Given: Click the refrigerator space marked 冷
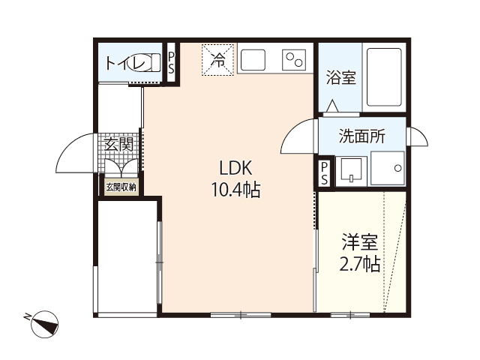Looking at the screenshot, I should click(x=218, y=59).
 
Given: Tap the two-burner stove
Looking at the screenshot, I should click(x=293, y=59).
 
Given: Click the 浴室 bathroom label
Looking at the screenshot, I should click(x=340, y=78).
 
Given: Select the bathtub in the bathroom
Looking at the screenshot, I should click(x=385, y=76).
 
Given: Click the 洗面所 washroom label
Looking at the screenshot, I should click(x=362, y=136).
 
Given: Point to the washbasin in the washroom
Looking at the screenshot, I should click(x=350, y=171).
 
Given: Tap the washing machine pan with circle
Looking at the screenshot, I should click(x=388, y=169).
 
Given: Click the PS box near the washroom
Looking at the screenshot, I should click(x=324, y=173).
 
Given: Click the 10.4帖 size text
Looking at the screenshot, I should click(x=234, y=190).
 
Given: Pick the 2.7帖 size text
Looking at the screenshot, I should click(x=360, y=264).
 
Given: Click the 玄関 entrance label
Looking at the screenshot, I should click(x=118, y=144).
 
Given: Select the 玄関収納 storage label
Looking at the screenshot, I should click(x=121, y=187).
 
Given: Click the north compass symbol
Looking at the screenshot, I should click(x=44, y=323).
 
